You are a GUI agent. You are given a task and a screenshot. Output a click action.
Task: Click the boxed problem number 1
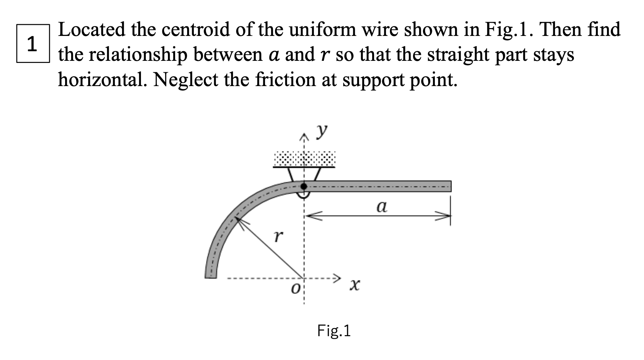[32, 44]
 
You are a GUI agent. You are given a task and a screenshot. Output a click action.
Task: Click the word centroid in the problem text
[196, 30]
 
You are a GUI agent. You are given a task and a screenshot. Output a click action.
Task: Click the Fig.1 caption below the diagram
[334, 331]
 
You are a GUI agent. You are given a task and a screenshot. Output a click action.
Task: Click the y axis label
[322, 131]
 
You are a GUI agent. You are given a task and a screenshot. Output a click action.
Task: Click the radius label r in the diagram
[278, 235]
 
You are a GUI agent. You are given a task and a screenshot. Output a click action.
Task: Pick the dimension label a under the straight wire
[382, 206]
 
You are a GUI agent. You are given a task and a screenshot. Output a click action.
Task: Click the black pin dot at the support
[303, 186]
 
